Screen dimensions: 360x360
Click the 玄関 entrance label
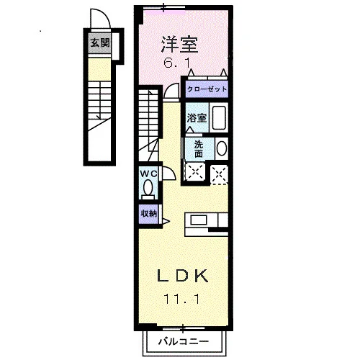pyautogui.click(x=100, y=43)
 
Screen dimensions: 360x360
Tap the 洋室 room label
pyautogui.click(x=179, y=45)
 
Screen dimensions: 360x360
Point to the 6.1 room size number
pyautogui.click(x=177, y=63)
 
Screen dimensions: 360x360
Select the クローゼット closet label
pyautogui.click(x=207, y=89)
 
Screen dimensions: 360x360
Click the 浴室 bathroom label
pyautogui.click(x=197, y=118)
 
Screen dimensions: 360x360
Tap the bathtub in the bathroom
pyautogui.click(x=219, y=118)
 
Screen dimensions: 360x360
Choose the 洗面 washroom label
pyautogui.click(x=199, y=149)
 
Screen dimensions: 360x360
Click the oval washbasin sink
pyautogui.click(x=222, y=148)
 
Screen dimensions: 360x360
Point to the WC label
pyautogui.click(x=148, y=174)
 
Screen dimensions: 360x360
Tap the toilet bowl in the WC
pyautogui.click(x=148, y=188)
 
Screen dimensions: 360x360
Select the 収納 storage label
pyautogui.click(x=149, y=213)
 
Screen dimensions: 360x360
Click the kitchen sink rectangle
pyautogui.click(x=199, y=220)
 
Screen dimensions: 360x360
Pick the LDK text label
pyautogui.click(x=182, y=276)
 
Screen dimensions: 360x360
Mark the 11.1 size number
pyautogui.click(x=181, y=299)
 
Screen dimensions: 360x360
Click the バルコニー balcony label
pyautogui.click(x=184, y=341)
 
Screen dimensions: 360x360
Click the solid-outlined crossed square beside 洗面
pyautogui.click(x=196, y=171)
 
